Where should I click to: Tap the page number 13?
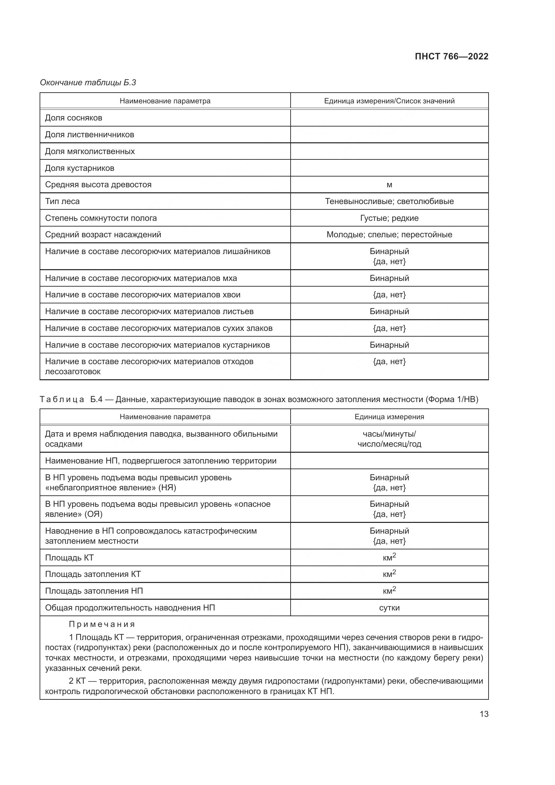(484, 714)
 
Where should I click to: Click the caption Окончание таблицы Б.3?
(88, 83)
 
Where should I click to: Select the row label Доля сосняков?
(73, 118)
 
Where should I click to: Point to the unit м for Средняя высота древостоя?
(389, 185)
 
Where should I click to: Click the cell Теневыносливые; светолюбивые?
(389, 201)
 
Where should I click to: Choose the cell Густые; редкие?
(389, 218)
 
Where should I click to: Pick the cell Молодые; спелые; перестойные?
(389, 235)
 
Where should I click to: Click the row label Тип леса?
(62, 201)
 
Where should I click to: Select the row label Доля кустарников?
(80, 168)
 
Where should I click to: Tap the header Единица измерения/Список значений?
(389, 101)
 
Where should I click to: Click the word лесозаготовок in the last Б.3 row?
(73, 372)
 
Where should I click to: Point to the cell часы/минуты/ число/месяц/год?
(389, 439)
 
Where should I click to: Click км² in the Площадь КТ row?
(389, 558)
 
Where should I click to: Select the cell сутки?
(389, 608)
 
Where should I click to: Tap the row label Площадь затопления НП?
(94, 591)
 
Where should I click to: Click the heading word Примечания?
(102, 624)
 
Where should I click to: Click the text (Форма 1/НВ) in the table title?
(452, 399)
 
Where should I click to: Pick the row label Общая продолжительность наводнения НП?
(130, 608)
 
